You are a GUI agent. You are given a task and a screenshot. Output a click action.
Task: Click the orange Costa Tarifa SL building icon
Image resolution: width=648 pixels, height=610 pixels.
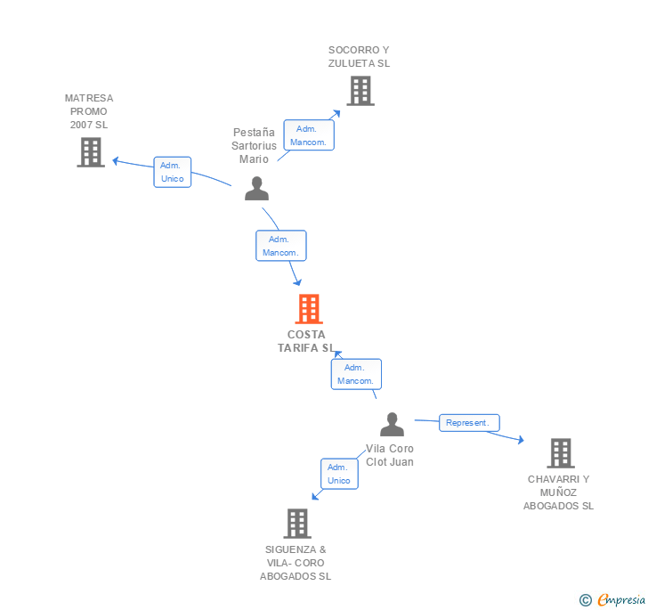pos(308,309)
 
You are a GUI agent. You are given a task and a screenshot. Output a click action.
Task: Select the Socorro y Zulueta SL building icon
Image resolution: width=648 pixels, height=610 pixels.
pos(360,91)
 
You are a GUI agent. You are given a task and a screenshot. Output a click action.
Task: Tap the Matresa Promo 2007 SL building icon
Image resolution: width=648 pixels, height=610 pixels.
pos(91,152)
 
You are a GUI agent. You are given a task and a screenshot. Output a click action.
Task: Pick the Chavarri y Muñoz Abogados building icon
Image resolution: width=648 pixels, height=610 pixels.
pos(560,453)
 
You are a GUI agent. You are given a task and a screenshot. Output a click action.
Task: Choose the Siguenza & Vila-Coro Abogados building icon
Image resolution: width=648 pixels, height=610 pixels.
pos(297,524)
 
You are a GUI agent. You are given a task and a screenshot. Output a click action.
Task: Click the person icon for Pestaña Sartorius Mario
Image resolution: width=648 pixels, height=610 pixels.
pos(256,189)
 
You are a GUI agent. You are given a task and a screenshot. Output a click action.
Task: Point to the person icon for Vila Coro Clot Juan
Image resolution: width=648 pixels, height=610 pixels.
pos(392,425)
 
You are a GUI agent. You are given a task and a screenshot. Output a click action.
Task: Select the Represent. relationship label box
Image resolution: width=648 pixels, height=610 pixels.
pos(469,423)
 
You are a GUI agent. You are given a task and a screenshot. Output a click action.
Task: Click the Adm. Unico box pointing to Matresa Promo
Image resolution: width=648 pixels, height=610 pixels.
pos(172,172)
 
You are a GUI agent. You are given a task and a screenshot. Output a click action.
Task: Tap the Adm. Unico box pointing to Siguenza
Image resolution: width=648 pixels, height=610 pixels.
pos(338,474)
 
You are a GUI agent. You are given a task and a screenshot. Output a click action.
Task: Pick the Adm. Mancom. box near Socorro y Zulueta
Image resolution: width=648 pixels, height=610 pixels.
pos(309,135)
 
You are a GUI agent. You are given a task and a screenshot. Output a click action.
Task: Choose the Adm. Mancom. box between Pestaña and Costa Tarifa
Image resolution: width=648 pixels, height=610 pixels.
pos(281,246)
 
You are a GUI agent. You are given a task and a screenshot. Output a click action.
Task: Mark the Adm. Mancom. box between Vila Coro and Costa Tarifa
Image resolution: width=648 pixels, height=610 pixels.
pos(356,374)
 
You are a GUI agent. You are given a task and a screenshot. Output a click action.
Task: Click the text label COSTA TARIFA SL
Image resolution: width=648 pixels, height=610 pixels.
pos(306,341)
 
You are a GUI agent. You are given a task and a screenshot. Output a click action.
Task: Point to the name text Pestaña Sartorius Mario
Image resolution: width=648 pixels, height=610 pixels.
pos(254,145)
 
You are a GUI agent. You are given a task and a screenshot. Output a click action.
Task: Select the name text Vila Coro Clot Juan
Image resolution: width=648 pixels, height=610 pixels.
pos(390,455)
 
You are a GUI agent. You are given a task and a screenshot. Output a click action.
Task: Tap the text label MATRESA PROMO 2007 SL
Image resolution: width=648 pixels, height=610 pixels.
pos(89,111)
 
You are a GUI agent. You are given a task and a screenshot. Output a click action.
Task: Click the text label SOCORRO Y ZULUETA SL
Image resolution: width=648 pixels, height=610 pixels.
pos(359,56)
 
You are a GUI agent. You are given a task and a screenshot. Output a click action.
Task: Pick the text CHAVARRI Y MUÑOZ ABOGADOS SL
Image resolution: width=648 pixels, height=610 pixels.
pos(558,492)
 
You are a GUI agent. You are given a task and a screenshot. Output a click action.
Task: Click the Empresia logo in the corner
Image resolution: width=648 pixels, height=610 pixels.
pos(613,600)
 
